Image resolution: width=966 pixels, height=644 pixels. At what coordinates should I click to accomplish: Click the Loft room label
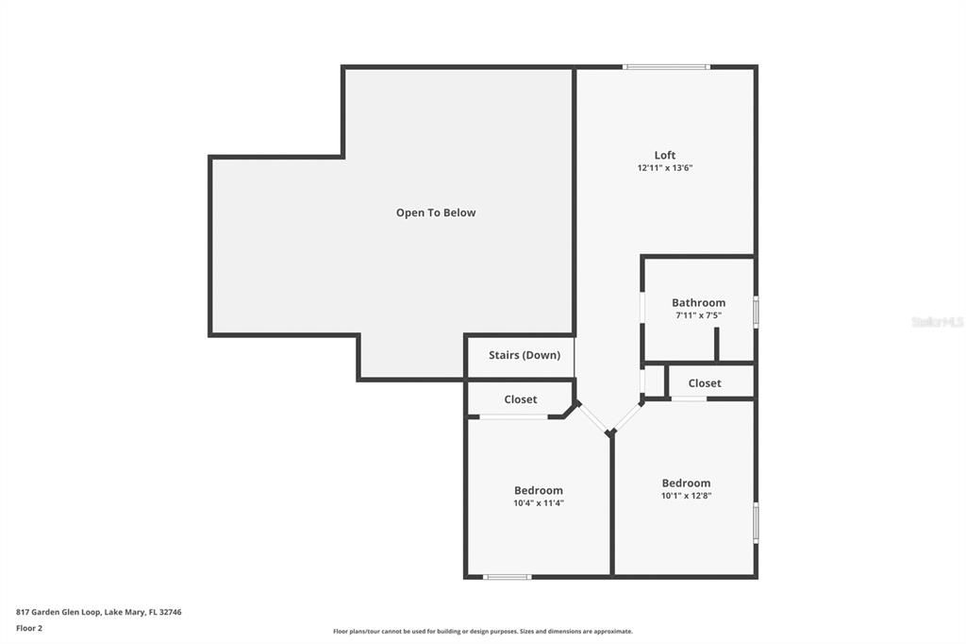coord(665,155)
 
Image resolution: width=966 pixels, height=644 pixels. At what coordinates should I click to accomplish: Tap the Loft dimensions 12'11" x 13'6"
coord(665,168)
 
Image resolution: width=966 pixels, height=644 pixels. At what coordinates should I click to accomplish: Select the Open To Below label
coord(436,212)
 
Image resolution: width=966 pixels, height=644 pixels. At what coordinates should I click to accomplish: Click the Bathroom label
coord(698,302)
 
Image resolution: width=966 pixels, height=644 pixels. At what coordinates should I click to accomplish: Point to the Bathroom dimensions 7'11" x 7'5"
coord(698,315)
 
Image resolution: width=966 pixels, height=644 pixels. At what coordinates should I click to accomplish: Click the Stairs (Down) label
coord(524,355)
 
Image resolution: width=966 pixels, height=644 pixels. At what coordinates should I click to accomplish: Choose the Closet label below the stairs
coord(520,399)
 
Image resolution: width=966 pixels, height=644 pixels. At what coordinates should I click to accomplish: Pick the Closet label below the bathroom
coord(704,382)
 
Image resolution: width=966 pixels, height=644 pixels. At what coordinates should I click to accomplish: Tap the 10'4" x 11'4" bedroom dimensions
coord(538,503)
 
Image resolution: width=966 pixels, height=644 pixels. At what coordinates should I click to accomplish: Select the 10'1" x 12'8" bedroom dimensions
coord(686,495)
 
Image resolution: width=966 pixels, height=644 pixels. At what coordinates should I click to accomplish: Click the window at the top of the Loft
coord(666,67)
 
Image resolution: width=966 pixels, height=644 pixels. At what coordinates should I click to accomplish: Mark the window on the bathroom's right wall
coord(756,312)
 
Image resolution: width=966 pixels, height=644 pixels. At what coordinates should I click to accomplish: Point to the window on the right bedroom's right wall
coord(756,522)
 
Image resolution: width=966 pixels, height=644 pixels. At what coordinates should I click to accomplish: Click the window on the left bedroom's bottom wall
coord(507,576)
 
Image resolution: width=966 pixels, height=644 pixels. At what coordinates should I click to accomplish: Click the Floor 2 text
coord(29,627)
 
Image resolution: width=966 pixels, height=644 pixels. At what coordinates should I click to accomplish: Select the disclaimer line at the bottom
coord(482,632)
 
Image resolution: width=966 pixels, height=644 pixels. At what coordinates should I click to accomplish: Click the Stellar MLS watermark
coord(937,322)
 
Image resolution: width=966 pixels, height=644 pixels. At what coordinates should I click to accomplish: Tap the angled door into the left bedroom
coord(593,418)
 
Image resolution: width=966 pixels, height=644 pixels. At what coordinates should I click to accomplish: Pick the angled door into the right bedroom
coord(628,417)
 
